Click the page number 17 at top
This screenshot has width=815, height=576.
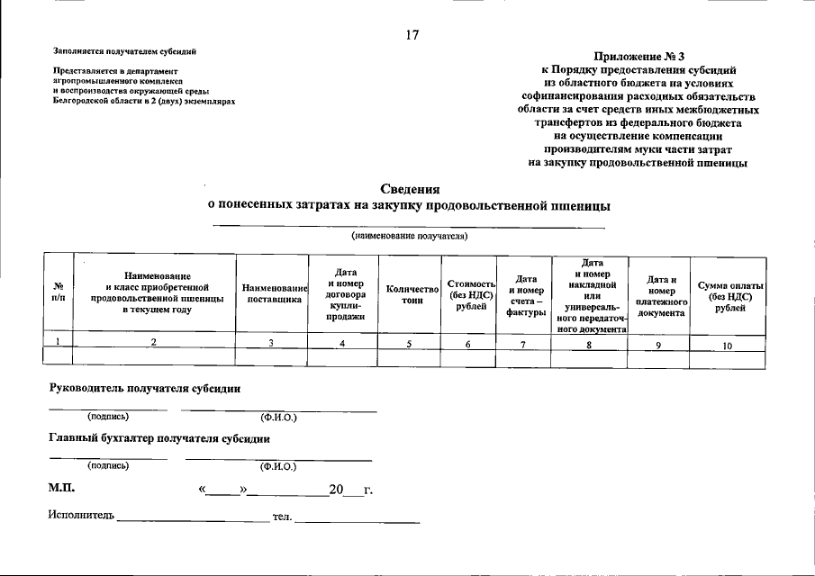click(x=412, y=35)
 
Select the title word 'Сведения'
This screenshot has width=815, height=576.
click(x=410, y=189)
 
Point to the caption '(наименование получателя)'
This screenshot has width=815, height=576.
click(x=410, y=236)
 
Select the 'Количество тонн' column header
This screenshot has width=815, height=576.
click(x=412, y=294)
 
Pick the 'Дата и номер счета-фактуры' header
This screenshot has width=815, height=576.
click(x=526, y=295)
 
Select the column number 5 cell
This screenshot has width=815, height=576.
click(x=411, y=342)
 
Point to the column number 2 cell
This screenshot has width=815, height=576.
click(x=154, y=341)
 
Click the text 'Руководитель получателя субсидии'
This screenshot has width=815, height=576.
click(x=144, y=388)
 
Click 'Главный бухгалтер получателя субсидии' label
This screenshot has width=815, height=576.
click(x=158, y=438)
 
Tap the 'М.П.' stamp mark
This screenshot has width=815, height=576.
click(x=61, y=489)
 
